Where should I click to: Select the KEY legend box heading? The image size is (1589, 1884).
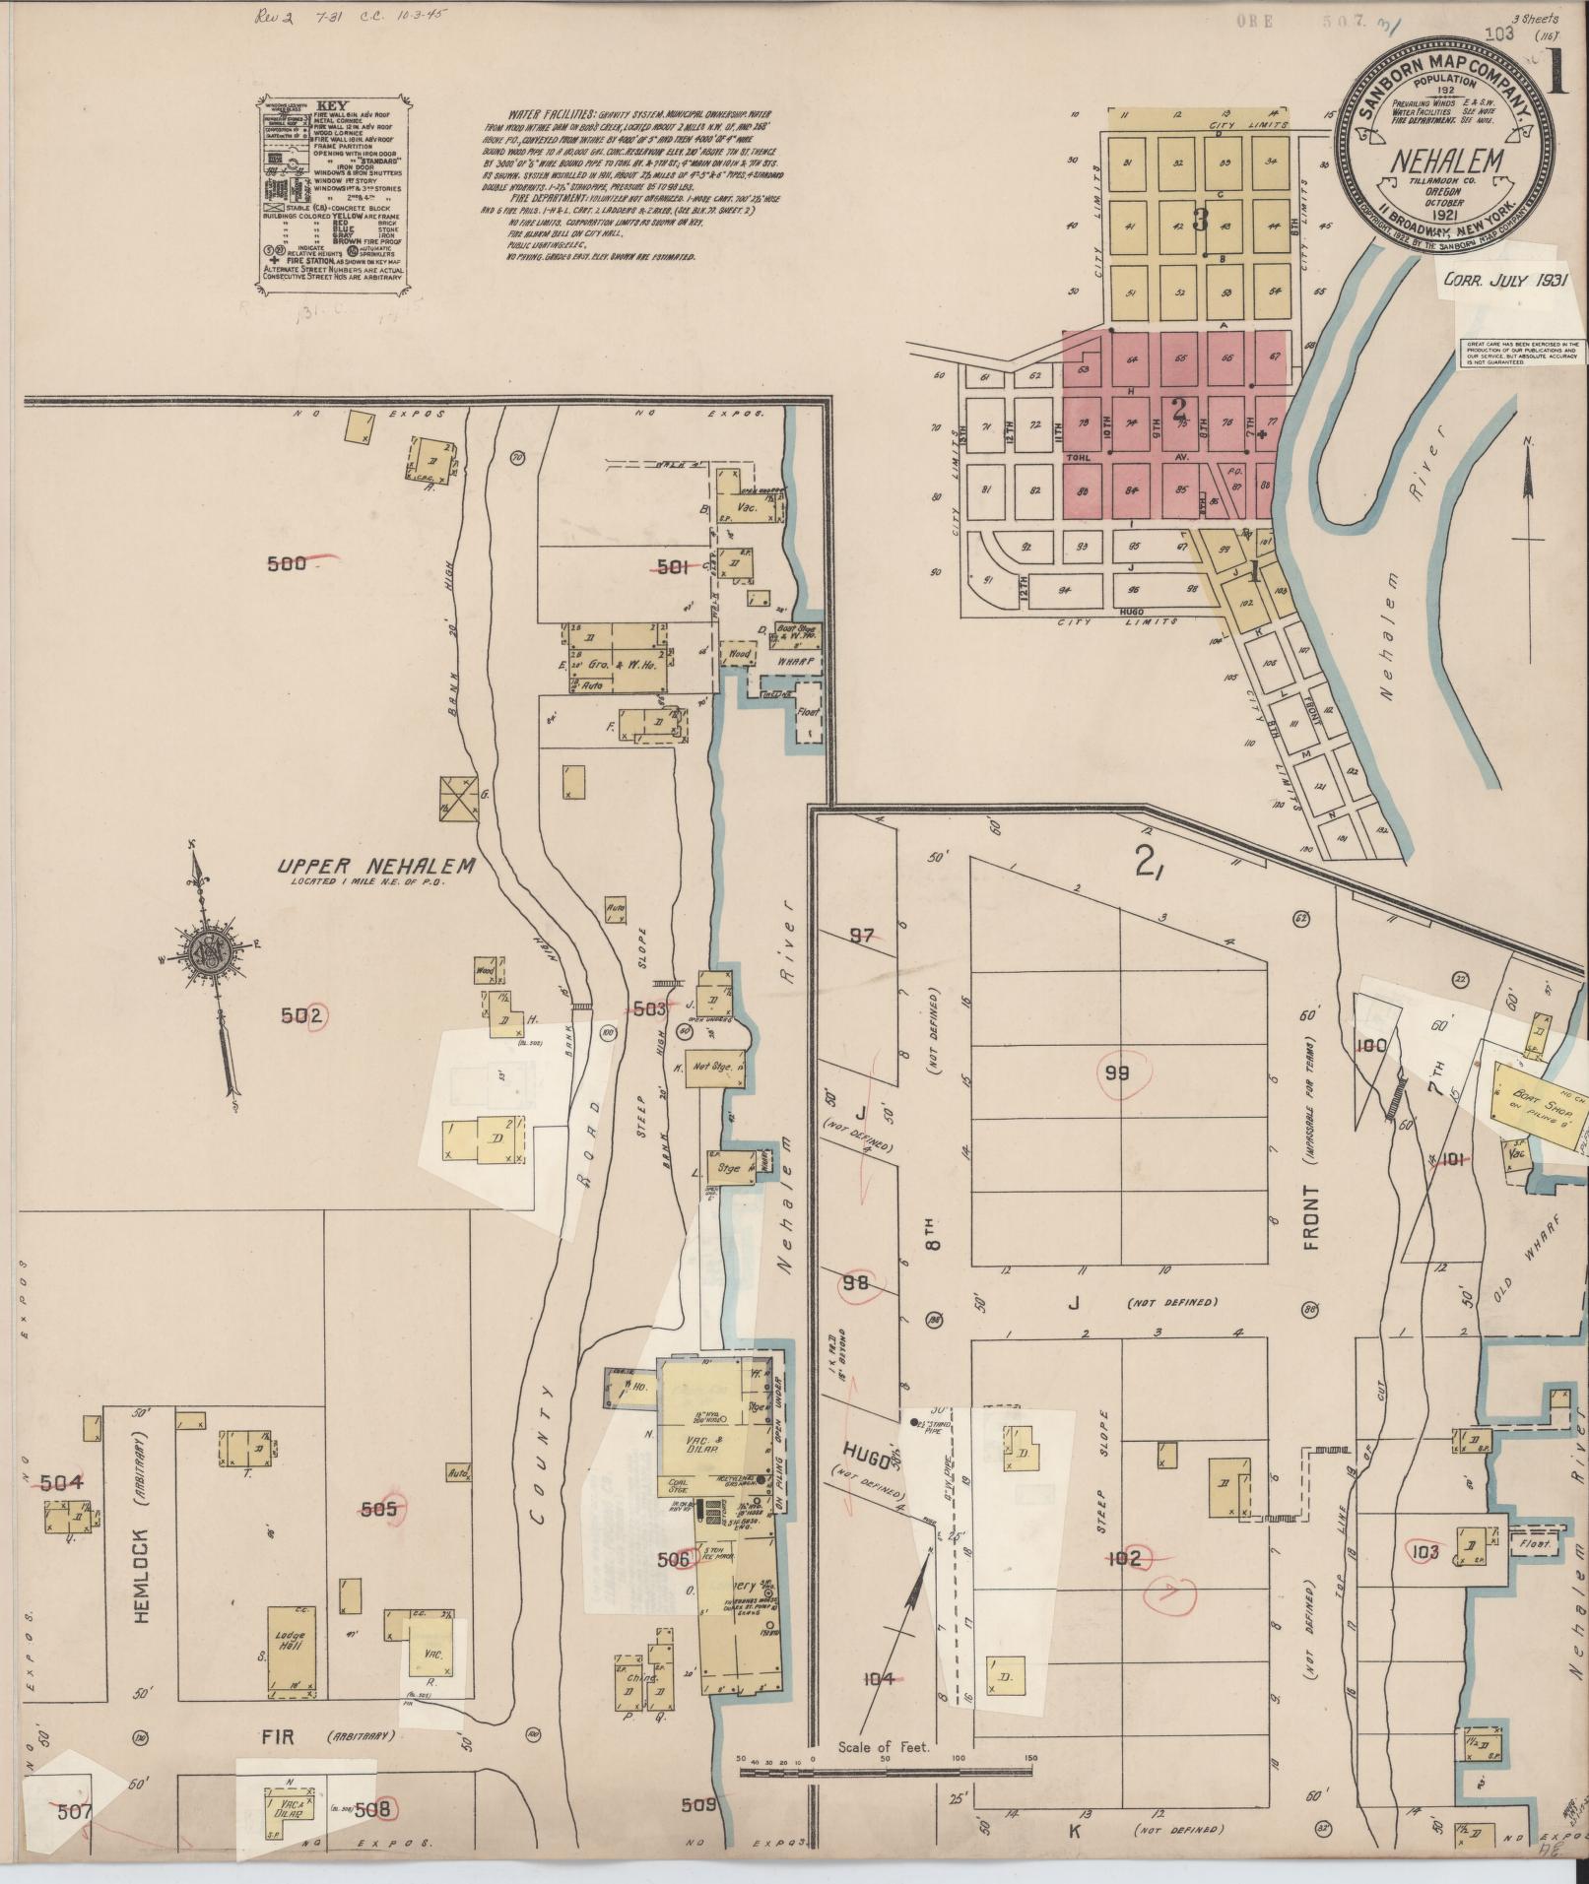point(331,103)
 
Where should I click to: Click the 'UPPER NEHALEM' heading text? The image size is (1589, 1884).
point(375,867)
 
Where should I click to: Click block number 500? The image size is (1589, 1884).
point(287,563)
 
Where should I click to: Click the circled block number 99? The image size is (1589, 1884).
point(1116,1073)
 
